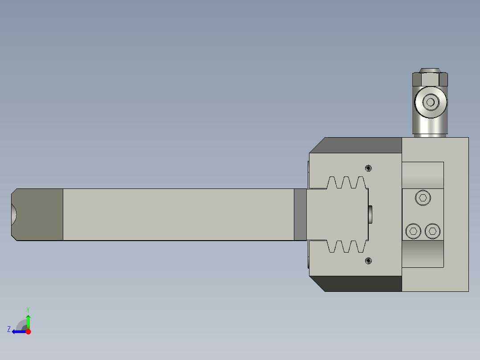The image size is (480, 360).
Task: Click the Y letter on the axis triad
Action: click(28, 309)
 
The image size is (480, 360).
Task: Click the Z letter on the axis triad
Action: click(9, 329)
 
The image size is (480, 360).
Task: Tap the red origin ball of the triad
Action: click(28, 331)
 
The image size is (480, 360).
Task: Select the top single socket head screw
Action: click(423, 197)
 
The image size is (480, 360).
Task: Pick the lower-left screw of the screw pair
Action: click(414, 231)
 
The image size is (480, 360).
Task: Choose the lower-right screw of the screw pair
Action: click(432, 231)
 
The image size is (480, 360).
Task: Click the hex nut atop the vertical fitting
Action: click(430, 79)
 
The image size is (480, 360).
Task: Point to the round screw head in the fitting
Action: click(430, 102)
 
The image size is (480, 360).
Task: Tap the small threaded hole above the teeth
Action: click(368, 168)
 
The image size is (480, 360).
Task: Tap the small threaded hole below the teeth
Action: click(368, 261)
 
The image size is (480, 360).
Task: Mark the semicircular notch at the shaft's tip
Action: click(14, 215)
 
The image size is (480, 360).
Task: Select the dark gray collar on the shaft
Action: click(300, 215)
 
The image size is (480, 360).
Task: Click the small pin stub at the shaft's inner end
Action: click(370, 215)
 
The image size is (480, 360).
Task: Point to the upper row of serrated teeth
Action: click(346, 183)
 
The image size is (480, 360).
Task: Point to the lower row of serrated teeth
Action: click(346, 246)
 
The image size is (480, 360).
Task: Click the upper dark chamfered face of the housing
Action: click(361, 145)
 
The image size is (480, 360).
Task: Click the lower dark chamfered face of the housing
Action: click(361, 284)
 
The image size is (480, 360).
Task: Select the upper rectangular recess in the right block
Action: click(423, 175)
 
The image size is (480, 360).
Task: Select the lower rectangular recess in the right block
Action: click(423, 254)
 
